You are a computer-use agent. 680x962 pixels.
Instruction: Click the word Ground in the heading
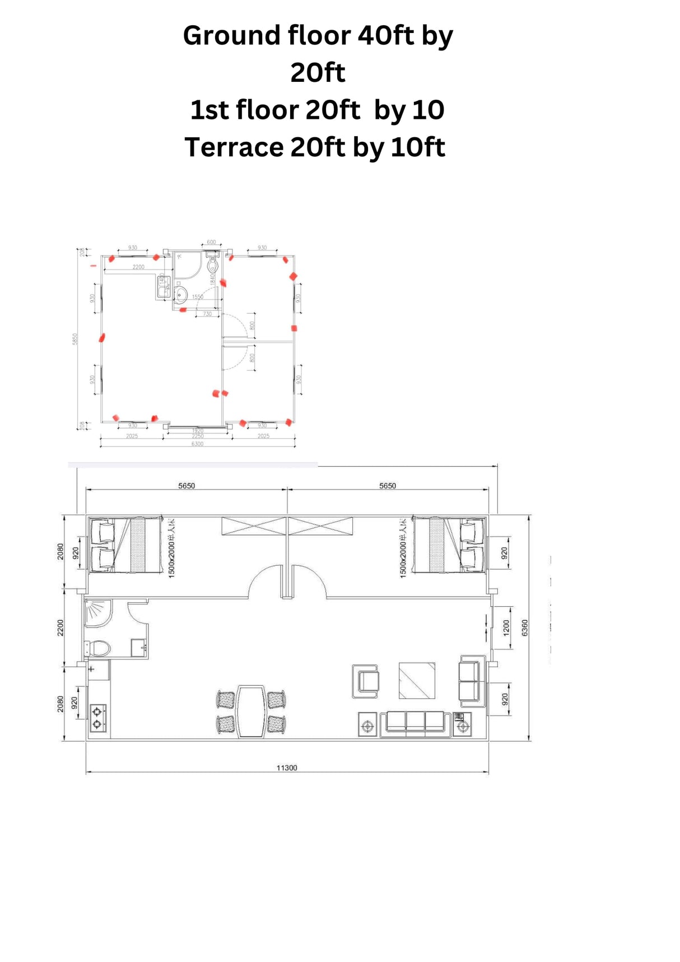pos(231,36)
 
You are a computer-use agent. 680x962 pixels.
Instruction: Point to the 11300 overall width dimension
pos(286,768)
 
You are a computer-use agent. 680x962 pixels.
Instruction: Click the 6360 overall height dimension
pos(525,628)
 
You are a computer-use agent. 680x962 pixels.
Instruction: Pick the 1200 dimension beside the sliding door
pos(506,628)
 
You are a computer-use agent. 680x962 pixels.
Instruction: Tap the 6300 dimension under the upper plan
pos(197,444)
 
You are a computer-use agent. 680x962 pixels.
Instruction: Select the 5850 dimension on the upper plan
pos(75,339)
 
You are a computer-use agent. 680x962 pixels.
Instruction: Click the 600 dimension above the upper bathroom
pos(211,242)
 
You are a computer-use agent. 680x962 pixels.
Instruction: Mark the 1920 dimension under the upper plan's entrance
pos(197,430)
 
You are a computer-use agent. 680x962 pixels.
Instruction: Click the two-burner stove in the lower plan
pos(97,718)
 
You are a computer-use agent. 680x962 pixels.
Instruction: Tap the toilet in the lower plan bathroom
pos(99,649)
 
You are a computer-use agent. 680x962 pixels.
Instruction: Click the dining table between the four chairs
pos(251,711)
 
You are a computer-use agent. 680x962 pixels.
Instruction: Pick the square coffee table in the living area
pos(417,680)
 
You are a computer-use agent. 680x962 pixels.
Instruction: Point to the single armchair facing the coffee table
pos(366,681)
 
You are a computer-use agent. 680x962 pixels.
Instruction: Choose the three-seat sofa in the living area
pos(415,723)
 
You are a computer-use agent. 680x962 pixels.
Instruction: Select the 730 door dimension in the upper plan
pos(207,314)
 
